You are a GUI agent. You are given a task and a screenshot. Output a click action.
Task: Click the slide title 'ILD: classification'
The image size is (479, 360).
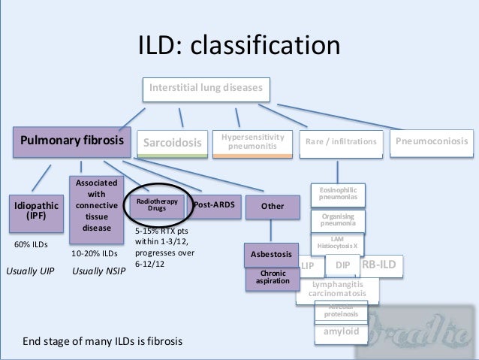point(238,46)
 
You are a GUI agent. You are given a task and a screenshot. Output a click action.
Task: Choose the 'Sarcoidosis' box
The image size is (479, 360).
point(173,143)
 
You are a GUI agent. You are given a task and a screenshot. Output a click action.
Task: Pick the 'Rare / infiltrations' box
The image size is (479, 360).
point(342,142)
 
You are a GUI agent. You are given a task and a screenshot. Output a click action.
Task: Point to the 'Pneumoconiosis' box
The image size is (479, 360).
point(432,141)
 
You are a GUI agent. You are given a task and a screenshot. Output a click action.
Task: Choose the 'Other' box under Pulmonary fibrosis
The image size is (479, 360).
point(272,206)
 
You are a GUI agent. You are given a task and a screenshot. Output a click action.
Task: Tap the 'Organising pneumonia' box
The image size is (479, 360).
point(338,220)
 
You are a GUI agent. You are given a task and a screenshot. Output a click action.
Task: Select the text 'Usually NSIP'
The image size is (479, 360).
point(98,271)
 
